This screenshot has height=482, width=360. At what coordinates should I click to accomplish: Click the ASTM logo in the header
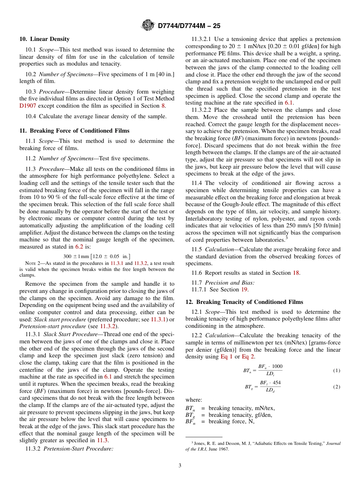point(148,25)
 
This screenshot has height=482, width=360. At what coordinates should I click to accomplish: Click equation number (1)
point(337,370)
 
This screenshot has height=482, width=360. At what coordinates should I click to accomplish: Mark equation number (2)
point(337,387)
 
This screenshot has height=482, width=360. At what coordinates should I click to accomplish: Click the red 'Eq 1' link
point(227,357)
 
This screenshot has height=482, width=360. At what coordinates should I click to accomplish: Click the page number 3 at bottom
point(180,465)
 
